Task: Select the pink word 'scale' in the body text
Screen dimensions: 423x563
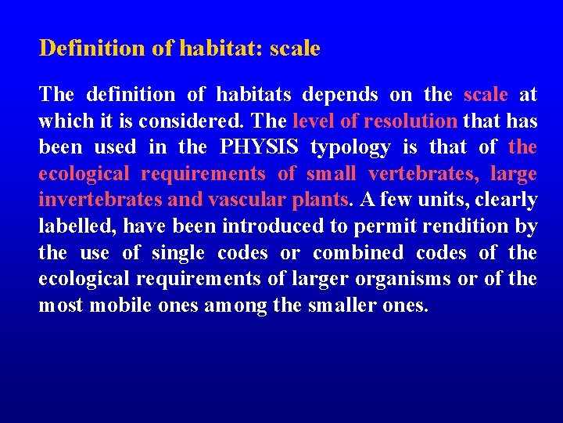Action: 486,95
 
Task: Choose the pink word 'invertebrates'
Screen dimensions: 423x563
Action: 91,200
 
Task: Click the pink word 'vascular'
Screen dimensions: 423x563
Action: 246,200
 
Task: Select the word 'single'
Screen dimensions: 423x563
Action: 178,253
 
